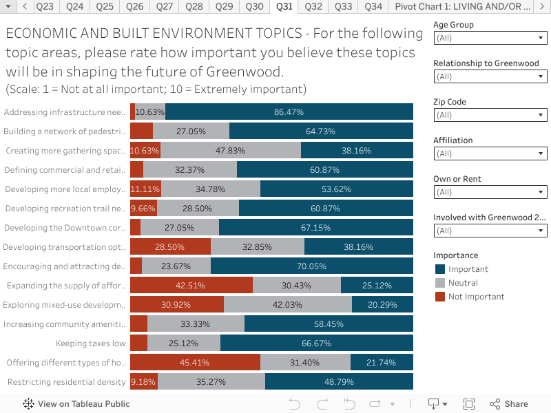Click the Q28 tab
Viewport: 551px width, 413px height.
tap(194, 6)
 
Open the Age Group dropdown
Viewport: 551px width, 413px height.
tap(490, 38)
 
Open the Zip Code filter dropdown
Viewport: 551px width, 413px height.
tap(490, 115)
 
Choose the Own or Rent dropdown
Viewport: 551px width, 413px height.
tap(490, 192)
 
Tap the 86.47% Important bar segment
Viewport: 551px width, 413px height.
tap(289, 112)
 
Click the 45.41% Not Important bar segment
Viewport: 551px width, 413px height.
tap(195, 363)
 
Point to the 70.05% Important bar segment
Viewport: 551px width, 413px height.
tap(311, 266)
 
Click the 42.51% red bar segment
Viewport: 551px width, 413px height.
tap(191, 286)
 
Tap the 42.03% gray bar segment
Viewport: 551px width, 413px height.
tap(287, 305)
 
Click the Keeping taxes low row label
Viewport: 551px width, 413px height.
tap(90, 343)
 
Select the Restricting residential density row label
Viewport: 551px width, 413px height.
tap(67, 382)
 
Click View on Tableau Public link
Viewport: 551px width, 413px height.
tap(76, 404)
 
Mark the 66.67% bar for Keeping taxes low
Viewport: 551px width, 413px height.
tap(316, 343)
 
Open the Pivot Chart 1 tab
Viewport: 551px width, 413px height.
tap(462, 6)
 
